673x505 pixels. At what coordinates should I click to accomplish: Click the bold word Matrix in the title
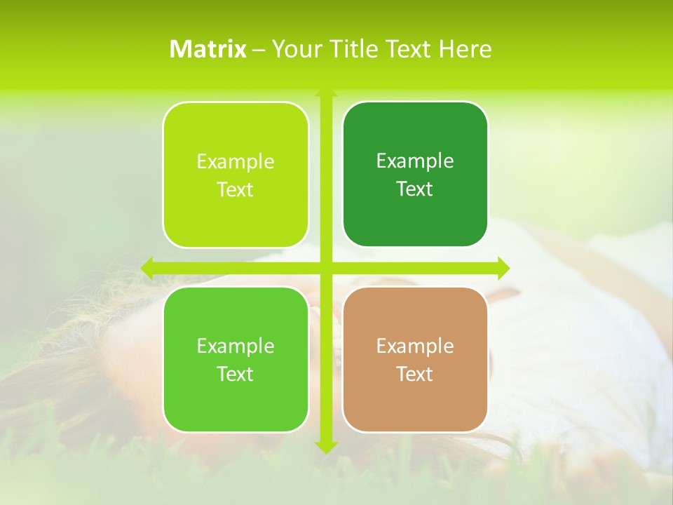pos(208,49)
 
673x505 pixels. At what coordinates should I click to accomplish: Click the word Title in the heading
pos(349,49)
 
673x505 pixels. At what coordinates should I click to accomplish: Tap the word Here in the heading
pos(465,49)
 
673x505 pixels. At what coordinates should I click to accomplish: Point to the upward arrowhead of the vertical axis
pos(326,93)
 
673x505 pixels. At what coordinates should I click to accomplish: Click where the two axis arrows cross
pos(326,268)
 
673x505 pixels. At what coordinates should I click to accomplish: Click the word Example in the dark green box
pos(415,161)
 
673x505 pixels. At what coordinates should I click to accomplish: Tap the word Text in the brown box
pos(415,374)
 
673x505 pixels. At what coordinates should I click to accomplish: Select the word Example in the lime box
pos(236,161)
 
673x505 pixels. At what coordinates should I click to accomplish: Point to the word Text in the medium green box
pos(236,374)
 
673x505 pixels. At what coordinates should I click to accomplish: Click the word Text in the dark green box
pos(415,189)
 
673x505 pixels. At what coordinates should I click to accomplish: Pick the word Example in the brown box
pos(415,346)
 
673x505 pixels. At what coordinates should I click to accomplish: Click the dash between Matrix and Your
pos(259,50)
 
